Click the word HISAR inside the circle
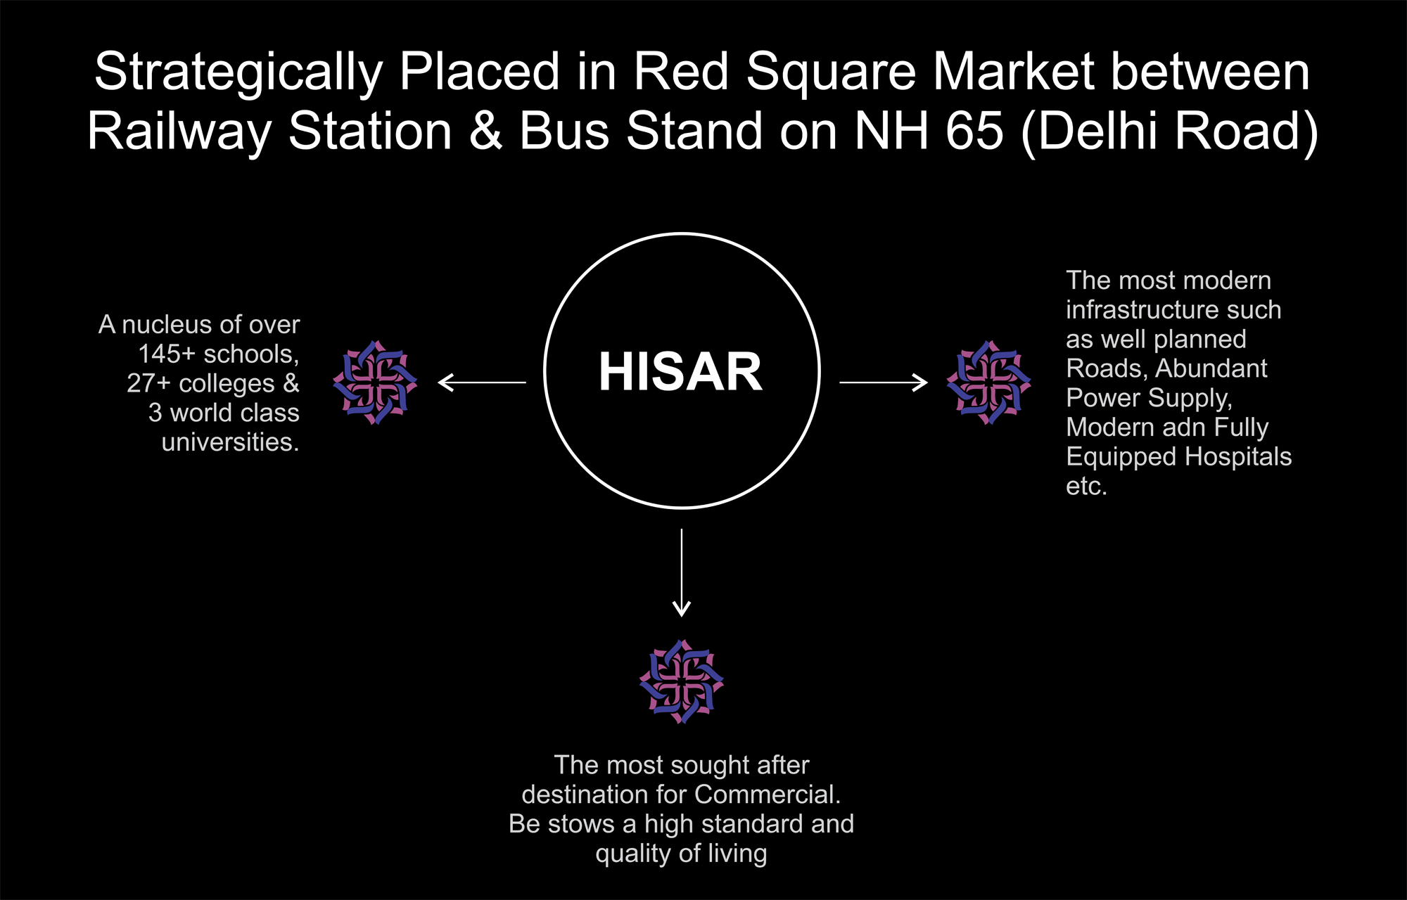(680, 371)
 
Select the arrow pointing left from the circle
(482, 382)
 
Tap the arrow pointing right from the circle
(884, 382)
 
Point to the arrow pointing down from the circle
(682, 573)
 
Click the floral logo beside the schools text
(375, 382)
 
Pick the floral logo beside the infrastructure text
(988, 382)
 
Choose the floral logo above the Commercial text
(682, 681)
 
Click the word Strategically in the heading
(238, 72)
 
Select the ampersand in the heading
(486, 131)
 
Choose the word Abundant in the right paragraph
(1211, 368)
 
